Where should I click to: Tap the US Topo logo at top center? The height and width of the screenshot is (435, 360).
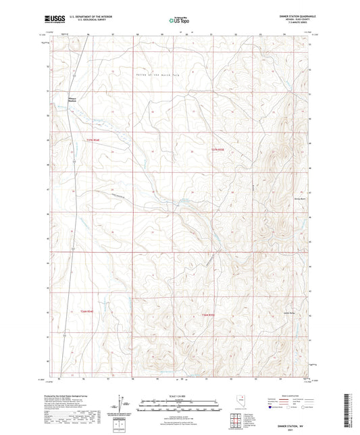pos(178,20)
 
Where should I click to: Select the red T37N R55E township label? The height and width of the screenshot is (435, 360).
pos(216,148)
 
